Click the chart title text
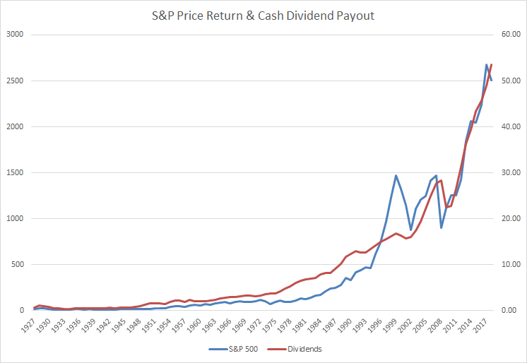263,16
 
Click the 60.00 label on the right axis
509,35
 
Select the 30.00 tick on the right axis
509,172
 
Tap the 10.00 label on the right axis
509,265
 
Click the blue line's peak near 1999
396,175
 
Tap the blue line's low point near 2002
411,230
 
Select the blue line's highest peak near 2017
487,65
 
